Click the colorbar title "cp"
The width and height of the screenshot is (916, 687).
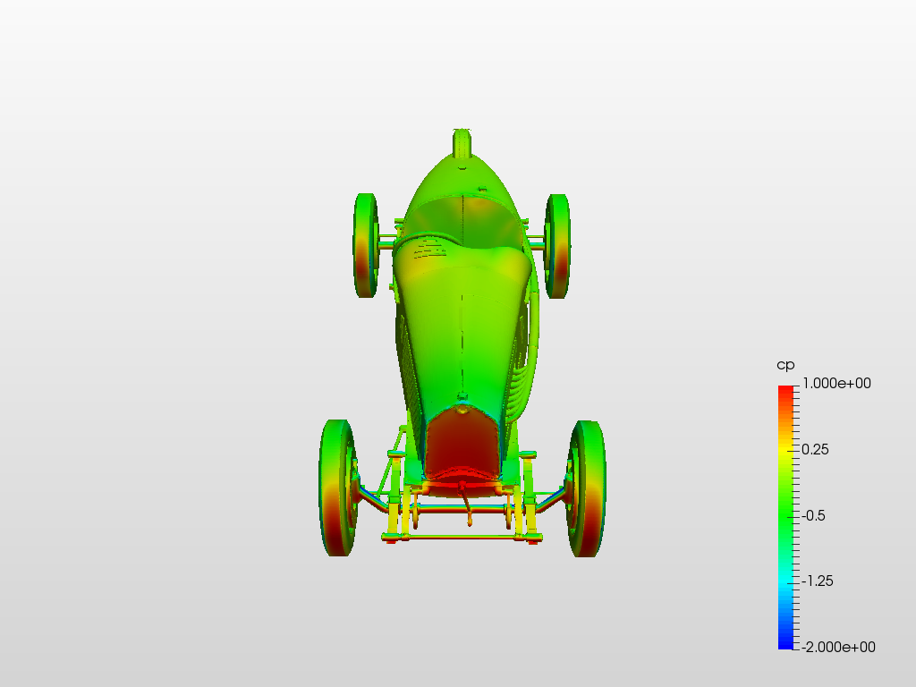(785, 366)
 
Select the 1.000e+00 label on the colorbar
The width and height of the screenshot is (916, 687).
(836, 383)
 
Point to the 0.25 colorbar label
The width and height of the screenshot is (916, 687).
(815, 449)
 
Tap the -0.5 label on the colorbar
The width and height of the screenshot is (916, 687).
(812, 515)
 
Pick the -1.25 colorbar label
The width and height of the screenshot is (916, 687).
(817, 581)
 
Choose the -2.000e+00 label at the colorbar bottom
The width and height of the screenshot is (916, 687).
(837, 647)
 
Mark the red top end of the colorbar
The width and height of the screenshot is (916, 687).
(785, 389)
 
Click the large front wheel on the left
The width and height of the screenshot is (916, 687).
(338, 488)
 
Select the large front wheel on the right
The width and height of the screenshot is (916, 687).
(587, 488)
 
